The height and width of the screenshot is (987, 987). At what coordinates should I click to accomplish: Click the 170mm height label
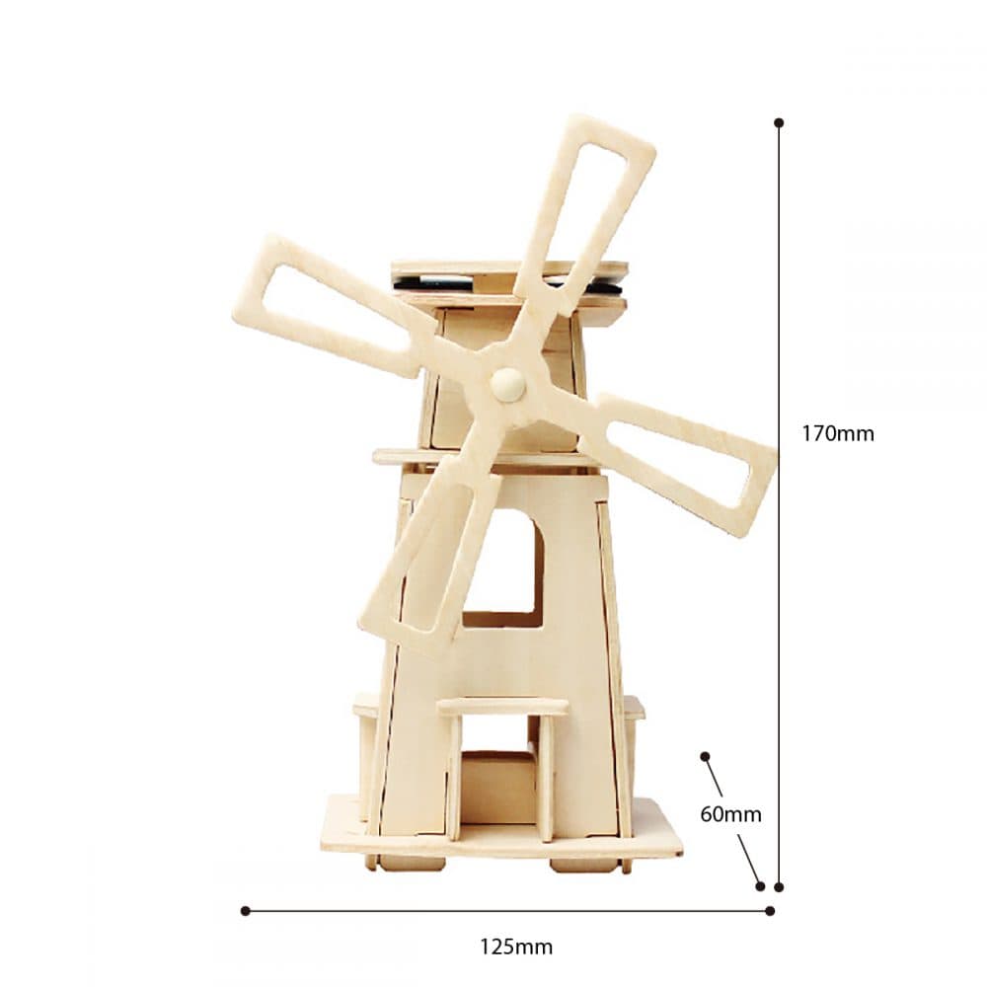[x=838, y=433]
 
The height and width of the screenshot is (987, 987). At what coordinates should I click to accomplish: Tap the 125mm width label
[x=516, y=947]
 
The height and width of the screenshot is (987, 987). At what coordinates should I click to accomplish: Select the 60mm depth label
[x=730, y=814]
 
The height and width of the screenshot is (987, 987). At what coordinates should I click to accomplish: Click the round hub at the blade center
[x=507, y=384]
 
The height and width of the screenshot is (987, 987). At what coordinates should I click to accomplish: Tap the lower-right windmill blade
[x=680, y=463]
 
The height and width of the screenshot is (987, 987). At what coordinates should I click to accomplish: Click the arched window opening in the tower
[x=503, y=569]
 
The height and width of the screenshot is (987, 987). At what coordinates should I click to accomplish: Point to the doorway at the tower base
[x=497, y=787]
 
